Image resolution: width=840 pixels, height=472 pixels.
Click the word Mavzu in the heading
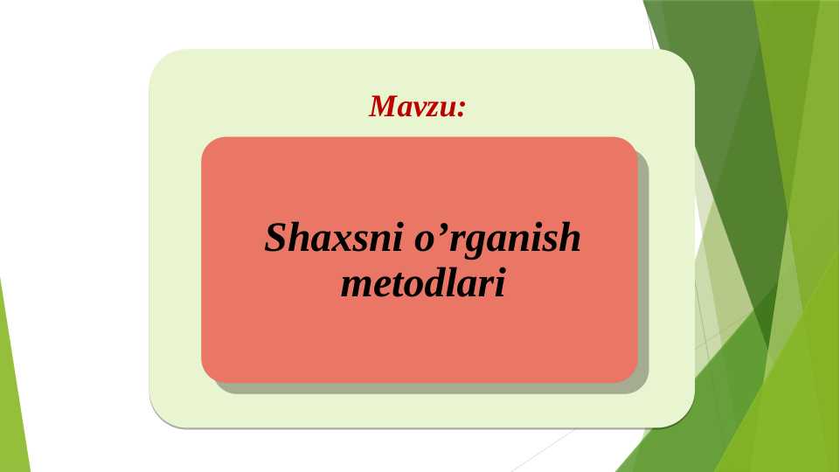(412, 107)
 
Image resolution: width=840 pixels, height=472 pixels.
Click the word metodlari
(422, 284)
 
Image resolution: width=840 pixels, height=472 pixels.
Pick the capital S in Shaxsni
(276, 238)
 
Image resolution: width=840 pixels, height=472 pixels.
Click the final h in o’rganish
(570, 238)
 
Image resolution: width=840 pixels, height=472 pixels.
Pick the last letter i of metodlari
(500, 284)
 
